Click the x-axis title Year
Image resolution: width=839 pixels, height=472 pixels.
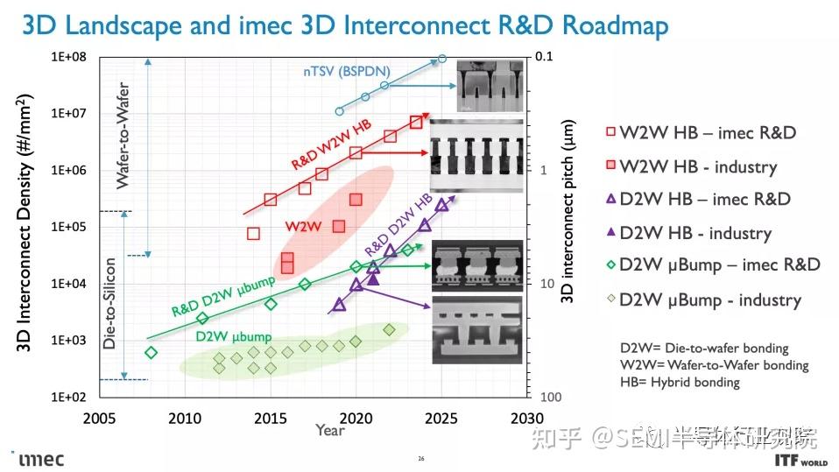pyautogui.click(x=330, y=430)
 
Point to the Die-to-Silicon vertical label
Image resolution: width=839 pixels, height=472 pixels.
pyautogui.click(x=110, y=302)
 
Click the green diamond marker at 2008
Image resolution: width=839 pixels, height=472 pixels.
pyautogui.click(x=151, y=353)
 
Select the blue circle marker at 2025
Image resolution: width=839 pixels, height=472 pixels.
pyautogui.click(x=442, y=59)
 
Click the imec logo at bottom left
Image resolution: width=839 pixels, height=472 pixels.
pyautogui.click(x=40, y=459)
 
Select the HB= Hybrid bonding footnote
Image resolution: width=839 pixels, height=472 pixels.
pyautogui.click(x=680, y=382)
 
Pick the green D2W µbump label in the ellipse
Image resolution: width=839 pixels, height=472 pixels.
pyautogui.click(x=233, y=336)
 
